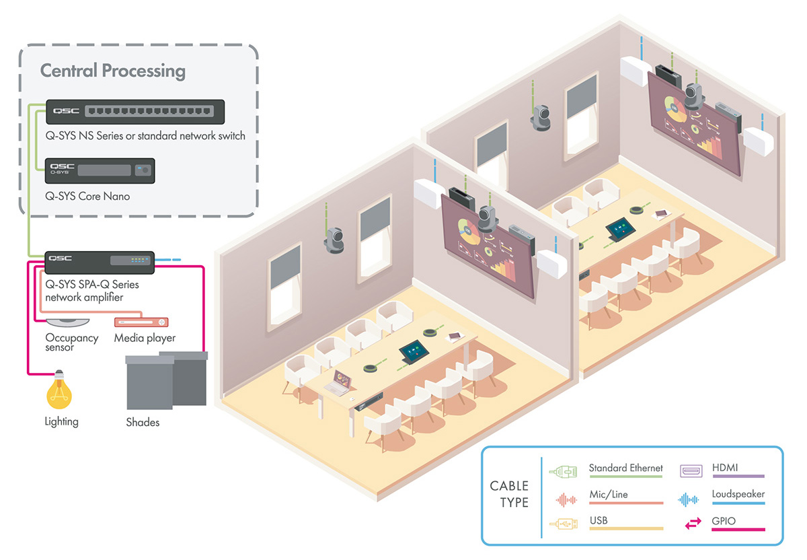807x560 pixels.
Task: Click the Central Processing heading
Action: click(113, 71)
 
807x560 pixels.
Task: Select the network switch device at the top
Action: click(135, 112)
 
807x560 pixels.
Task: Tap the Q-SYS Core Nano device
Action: click(100, 170)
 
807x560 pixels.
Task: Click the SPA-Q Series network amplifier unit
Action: click(100, 262)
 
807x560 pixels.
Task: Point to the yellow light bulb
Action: click(59, 390)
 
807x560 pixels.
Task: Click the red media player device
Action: click(141, 322)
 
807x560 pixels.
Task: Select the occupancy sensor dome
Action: click(68, 322)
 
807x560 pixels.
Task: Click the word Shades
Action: click(143, 422)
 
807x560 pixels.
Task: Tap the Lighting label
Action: click(62, 421)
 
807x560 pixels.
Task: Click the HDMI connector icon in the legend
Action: click(691, 471)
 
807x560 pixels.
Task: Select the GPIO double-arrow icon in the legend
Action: click(693, 523)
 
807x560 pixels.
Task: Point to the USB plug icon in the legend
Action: click(564, 524)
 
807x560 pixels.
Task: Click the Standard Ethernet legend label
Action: click(626, 468)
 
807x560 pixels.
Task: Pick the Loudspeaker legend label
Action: click(738, 494)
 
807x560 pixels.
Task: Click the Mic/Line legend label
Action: click(609, 494)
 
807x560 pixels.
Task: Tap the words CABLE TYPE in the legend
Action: click(510, 494)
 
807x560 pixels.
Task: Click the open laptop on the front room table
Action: click(339, 383)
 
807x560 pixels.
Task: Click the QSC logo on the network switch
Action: click(66, 110)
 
